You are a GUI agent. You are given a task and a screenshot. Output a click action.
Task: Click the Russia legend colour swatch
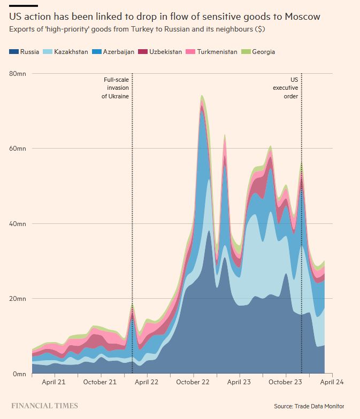13,52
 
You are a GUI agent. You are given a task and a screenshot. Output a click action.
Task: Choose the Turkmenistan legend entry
212,52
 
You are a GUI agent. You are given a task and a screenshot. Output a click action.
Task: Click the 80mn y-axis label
18,73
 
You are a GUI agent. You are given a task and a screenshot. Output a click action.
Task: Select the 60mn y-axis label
18,148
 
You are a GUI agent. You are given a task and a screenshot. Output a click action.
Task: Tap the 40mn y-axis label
18,223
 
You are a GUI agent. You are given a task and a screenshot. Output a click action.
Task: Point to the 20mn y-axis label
18,298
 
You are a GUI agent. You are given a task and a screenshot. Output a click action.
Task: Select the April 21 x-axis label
53,382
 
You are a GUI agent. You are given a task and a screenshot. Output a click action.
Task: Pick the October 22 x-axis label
193,382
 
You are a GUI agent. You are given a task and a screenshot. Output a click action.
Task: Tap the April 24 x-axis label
332,382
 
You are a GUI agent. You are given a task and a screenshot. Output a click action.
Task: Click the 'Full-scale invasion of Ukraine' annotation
116,88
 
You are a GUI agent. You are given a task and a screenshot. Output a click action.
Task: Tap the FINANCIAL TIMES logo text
44,406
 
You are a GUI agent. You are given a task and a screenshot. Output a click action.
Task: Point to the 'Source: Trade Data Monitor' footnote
309,406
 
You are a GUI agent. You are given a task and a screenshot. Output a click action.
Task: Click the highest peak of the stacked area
202,96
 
